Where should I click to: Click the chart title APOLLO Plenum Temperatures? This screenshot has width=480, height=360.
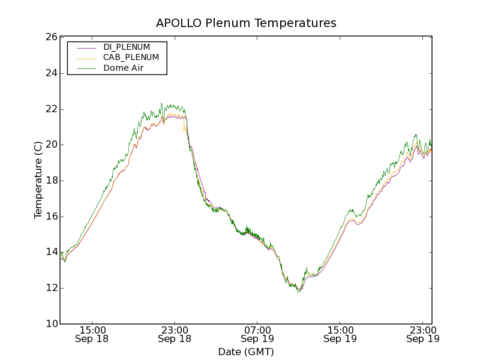(x=246, y=23)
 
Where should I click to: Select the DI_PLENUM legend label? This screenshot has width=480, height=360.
(x=127, y=47)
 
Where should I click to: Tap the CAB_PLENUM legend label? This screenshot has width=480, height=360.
(x=131, y=58)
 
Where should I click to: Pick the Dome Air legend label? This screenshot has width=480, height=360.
(x=123, y=68)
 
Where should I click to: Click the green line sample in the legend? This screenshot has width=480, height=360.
(x=86, y=68)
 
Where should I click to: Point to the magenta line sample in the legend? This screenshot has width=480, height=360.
(x=86, y=47)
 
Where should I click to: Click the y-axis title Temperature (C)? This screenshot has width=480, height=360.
(x=38, y=180)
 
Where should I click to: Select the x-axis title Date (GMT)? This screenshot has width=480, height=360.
(x=246, y=352)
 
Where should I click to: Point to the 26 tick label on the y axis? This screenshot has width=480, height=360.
(x=50, y=37)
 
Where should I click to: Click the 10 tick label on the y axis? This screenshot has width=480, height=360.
(x=50, y=324)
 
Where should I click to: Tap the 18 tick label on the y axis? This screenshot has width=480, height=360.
(x=50, y=181)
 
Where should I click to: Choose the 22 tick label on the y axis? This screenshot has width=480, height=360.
(x=50, y=109)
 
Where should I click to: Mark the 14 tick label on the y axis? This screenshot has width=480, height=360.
(x=50, y=252)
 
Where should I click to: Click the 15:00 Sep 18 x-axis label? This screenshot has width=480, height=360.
(x=92, y=334)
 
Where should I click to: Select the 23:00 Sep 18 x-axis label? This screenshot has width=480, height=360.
(x=175, y=334)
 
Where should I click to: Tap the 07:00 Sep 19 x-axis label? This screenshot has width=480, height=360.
(x=257, y=334)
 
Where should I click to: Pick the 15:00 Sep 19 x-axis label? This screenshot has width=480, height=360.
(x=340, y=334)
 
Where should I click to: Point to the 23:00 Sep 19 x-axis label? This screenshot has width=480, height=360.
(x=422, y=334)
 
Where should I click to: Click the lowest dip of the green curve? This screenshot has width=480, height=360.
(x=298, y=292)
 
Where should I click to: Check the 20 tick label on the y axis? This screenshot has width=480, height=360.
(x=50, y=145)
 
